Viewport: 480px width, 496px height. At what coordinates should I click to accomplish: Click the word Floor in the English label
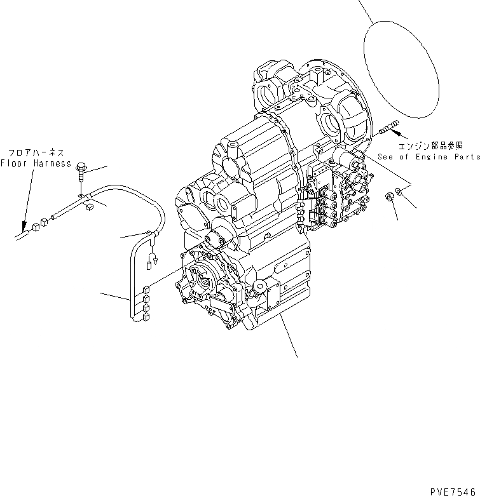click(x=13, y=163)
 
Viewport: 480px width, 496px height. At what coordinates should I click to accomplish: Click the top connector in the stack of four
click(x=146, y=289)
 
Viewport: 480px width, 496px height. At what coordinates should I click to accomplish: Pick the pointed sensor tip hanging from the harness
click(x=153, y=260)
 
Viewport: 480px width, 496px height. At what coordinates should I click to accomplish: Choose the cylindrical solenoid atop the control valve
click(x=347, y=159)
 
